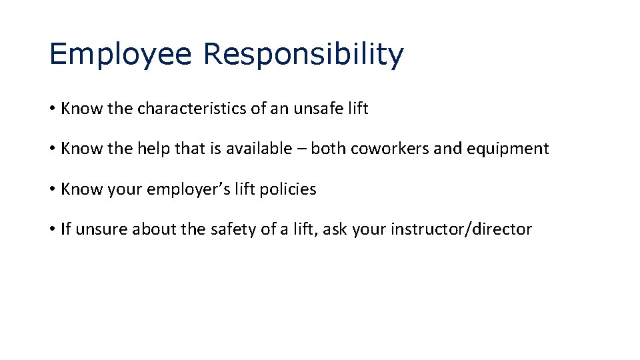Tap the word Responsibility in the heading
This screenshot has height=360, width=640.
(x=303, y=54)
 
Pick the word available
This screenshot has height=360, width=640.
(x=257, y=149)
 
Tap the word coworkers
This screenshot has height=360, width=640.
(x=387, y=149)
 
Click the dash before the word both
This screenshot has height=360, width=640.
(x=299, y=149)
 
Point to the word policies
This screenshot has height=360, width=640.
(x=289, y=189)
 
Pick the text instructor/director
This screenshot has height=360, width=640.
(x=461, y=229)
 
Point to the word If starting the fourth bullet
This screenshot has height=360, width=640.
(x=65, y=229)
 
